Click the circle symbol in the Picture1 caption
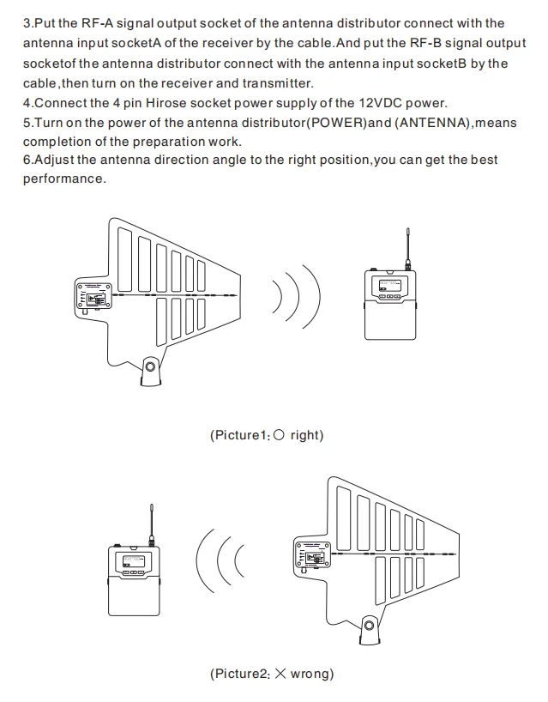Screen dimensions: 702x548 click(x=278, y=435)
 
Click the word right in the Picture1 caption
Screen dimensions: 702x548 click(x=305, y=435)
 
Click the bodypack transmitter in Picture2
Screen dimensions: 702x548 click(x=133, y=578)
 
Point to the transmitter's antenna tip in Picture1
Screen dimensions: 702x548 click(x=409, y=232)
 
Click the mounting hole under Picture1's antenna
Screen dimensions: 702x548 click(x=150, y=369)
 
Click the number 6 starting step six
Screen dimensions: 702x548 click(x=27, y=160)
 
